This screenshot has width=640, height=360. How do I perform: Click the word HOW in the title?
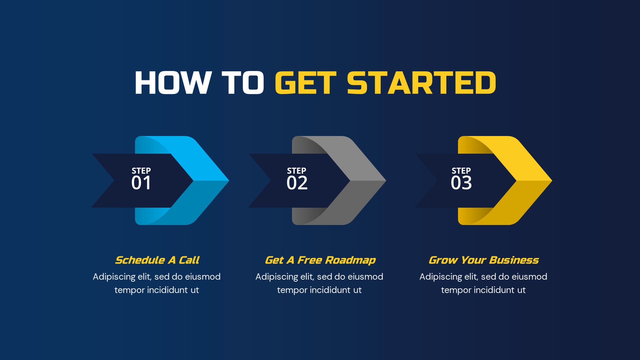click(173, 83)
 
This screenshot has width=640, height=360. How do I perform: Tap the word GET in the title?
click(306, 83)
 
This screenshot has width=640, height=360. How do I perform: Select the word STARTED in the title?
click(421, 83)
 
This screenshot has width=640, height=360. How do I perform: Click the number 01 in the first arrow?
click(141, 183)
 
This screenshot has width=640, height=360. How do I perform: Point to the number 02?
click(297, 183)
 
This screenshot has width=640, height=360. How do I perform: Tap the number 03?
click(461, 183)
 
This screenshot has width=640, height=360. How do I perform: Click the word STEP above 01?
click(141, 171)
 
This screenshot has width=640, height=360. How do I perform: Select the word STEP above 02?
click(297, 171)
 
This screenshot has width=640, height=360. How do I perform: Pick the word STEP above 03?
click(461, 171)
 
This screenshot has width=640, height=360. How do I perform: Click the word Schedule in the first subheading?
click(140, 260)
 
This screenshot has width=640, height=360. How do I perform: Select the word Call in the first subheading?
click(189, 260)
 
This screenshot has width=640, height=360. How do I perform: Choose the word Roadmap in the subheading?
click(350, 260)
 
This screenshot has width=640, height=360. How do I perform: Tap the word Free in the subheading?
click(310, 260)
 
